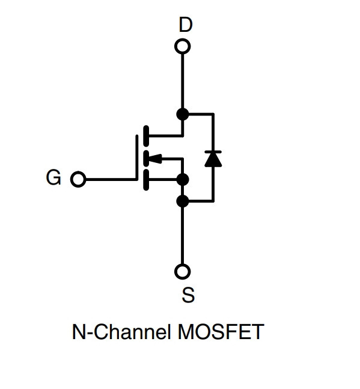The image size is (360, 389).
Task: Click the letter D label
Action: tap(186, 25)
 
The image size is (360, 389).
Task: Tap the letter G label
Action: tap(53, 177)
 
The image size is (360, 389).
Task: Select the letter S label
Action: tap(188, 295)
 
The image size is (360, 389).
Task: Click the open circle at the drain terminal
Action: tap(183, 46)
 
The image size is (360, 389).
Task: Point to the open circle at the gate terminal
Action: tap(78, 179)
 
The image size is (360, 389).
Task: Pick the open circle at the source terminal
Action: tap(183, 271)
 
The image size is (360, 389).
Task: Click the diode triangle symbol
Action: tap(213, 159)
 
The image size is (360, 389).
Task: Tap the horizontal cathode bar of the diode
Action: tap(213, 152)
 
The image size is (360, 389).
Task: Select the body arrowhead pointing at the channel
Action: tap(156, 159)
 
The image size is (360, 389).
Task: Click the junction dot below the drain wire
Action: tap(183, 114)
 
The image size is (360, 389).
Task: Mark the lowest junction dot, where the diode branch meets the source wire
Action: tap(183, 201)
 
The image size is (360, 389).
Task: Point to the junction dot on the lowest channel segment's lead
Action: tap(183, 179)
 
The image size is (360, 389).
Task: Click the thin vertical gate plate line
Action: tap(137, 158)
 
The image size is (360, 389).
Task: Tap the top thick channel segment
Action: tap(146, 136)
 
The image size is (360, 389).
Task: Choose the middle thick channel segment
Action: tap(146, 158)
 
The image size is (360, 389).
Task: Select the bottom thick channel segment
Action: tap(146, 180)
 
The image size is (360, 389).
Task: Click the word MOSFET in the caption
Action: tap(221, 332)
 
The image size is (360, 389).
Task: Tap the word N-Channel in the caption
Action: tap(121, 332)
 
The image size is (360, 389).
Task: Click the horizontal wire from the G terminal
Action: tap(111, 179)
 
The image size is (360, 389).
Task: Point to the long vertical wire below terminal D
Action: tap(183, 81)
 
